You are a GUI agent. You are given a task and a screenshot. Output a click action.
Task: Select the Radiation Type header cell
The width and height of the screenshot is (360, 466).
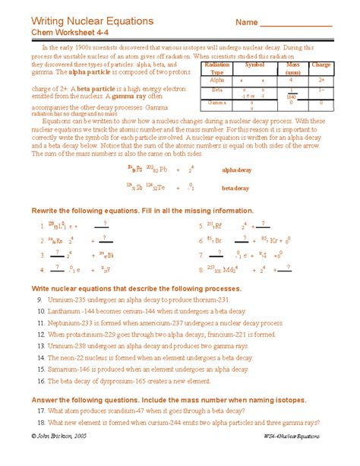[x=216, y=69]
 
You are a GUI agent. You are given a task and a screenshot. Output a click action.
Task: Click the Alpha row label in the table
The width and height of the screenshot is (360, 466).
[x=216, y=79]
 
